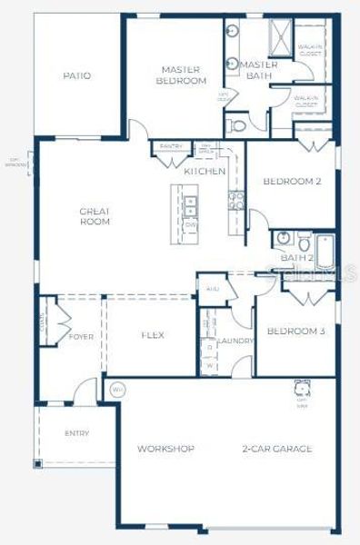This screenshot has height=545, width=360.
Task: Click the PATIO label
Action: tap(77, 75)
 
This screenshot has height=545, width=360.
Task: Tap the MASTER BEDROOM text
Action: tap(181, 74)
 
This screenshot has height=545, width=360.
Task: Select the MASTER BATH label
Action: tap(258, 70)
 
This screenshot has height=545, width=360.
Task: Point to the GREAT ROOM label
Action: tap(95, 215)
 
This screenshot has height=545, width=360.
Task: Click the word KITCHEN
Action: tap(205, 171)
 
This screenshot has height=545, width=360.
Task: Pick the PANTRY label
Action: tap(171, 146)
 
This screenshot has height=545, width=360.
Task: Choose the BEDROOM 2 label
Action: tap(292, 181)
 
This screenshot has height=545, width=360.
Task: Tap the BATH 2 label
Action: tap(296, 258)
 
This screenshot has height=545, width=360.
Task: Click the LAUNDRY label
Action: tap(235, 341)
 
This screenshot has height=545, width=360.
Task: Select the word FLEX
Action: tap(152, 335)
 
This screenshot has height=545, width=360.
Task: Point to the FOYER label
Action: tap(81, 337)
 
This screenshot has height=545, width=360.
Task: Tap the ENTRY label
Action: tap(77, 433)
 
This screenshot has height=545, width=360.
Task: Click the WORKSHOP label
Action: tap(165, 449)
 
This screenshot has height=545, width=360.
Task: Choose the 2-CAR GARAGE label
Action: tap(277, 449)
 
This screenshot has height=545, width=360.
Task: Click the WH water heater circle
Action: tap(116, 391)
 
